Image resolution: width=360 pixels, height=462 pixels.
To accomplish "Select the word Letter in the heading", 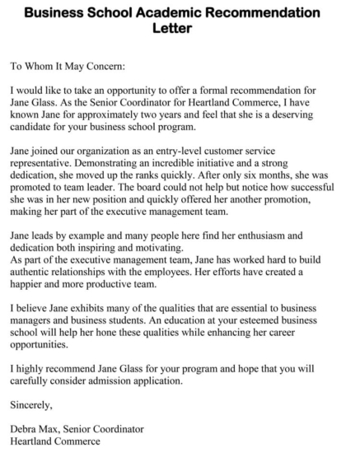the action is [179, 29].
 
